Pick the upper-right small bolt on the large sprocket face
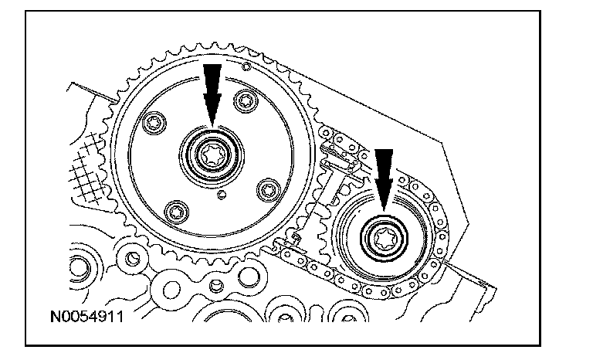pos(248,100)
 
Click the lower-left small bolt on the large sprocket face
pos(175,212)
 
